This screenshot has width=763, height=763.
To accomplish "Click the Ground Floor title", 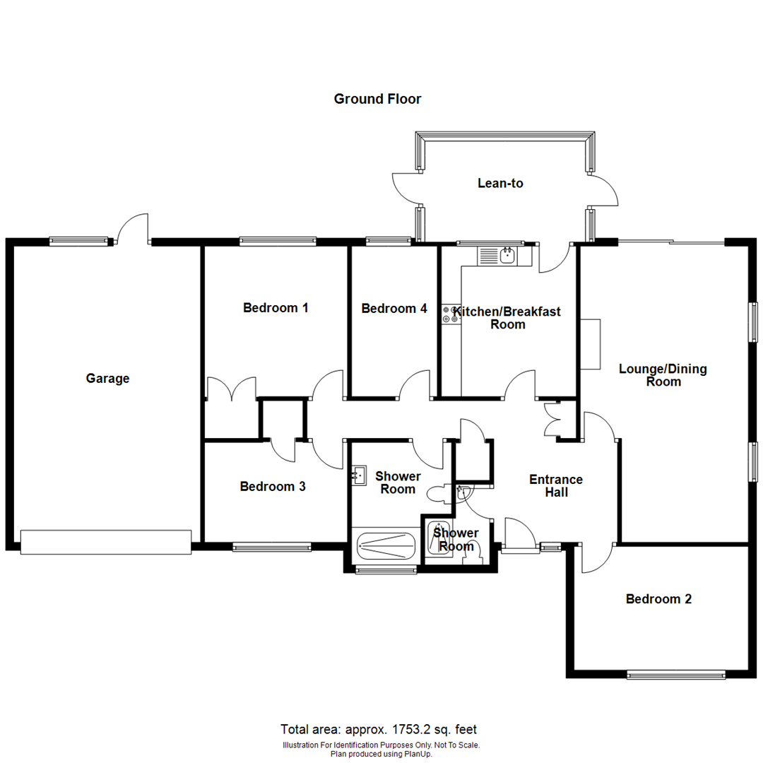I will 377,99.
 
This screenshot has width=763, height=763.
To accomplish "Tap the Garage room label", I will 107,378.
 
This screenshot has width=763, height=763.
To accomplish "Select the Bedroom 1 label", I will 276,307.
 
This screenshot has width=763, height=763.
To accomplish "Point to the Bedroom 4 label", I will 394,308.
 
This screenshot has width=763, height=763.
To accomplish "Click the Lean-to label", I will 500,183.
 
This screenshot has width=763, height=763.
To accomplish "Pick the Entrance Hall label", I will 556,486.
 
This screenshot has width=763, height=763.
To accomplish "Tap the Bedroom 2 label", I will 658,599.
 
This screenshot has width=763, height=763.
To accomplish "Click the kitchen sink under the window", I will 506,255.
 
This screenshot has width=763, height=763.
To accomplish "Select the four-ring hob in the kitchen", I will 449,314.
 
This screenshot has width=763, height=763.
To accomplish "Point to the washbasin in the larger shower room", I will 359,476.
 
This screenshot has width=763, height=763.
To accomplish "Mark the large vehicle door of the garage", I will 105,542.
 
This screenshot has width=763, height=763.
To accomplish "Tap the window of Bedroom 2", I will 676,675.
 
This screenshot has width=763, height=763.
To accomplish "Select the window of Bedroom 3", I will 272,546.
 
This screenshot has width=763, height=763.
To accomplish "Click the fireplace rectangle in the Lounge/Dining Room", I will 590,344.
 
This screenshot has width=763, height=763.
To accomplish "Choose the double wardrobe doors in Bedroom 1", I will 231,389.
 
